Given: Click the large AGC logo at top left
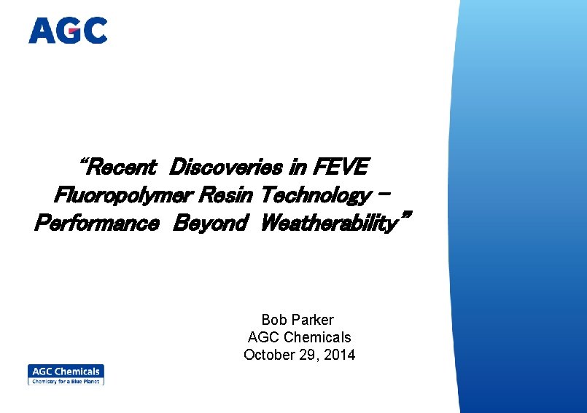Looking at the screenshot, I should click(68, 31).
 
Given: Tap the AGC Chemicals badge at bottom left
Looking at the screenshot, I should click(66, 374).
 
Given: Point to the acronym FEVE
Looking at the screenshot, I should click(340, 168).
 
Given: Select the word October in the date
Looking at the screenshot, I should click(268, 355).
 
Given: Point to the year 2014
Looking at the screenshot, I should click(341, 355).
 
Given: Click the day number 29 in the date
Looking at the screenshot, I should click(308, 355).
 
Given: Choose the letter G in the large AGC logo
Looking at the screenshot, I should click(68, 31).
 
